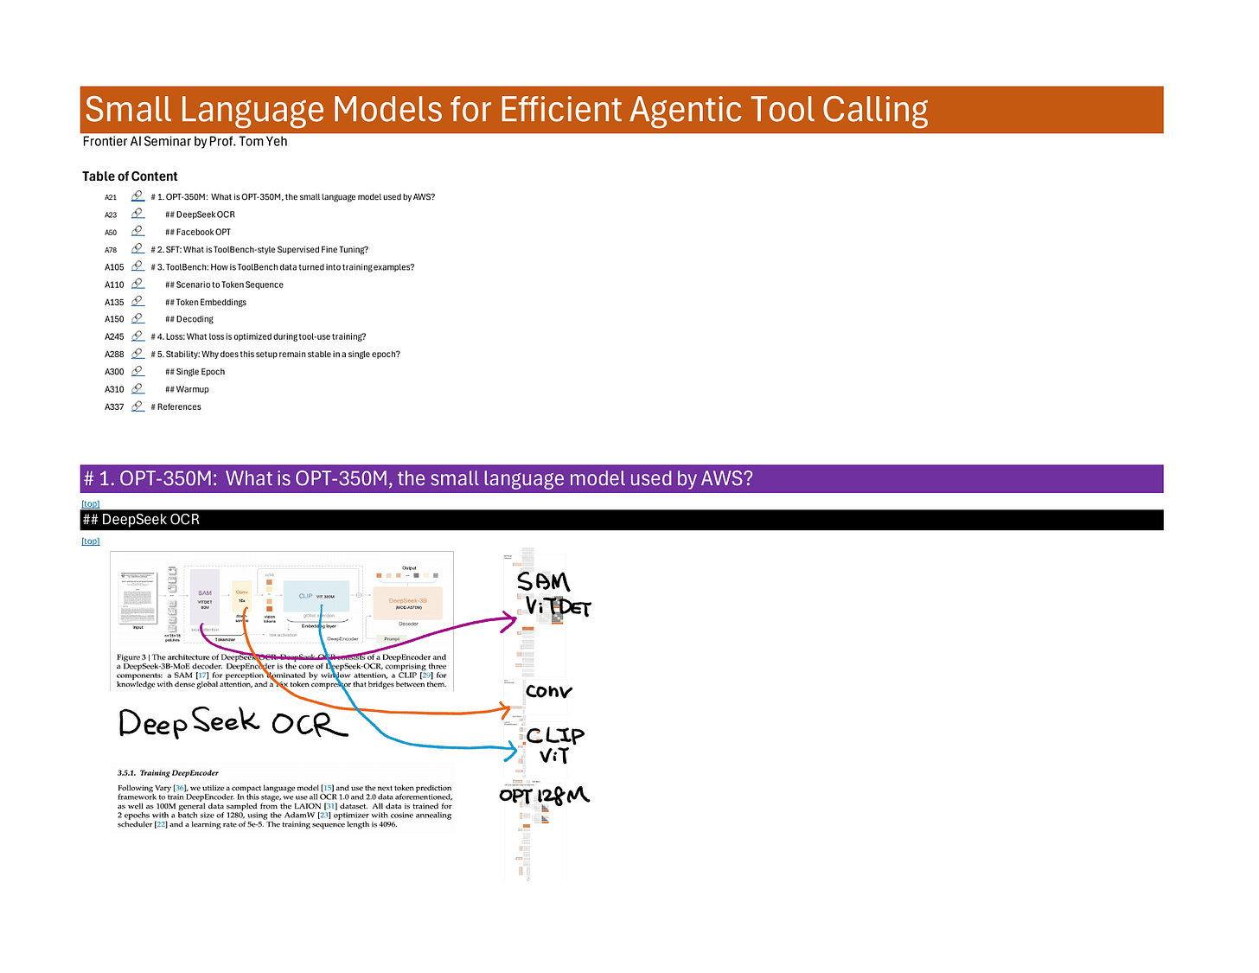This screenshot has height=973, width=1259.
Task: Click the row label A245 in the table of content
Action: [114, 337]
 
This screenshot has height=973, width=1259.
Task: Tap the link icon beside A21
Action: [137, 196]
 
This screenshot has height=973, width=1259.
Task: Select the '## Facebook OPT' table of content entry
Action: [198, 232]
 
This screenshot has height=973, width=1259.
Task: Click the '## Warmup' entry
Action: [187, 389]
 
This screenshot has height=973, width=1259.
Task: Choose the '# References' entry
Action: [176, 406]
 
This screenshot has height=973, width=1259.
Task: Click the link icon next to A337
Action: [137, 406]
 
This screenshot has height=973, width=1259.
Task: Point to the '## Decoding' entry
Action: [189, 319]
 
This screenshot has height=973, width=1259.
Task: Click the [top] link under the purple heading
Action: [91, 503]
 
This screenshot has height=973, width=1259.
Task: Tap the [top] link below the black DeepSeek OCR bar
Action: [91, 541]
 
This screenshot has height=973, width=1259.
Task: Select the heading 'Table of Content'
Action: [130, 176]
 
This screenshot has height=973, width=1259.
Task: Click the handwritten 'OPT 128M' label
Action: [544, 795]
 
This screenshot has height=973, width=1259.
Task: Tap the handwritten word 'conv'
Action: [548, 691]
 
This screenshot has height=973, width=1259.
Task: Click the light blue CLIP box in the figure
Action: [316, 596]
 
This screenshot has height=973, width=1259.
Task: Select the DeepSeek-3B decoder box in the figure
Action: [407, 602]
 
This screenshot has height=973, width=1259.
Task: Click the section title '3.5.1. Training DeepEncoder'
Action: [168, 773]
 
